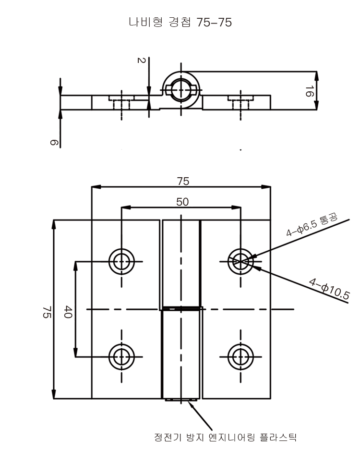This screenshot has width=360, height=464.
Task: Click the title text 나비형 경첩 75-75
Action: tap(180, 23)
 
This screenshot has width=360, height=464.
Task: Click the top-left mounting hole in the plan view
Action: tap(121, 261)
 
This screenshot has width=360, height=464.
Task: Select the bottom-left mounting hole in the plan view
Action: tap(121, 356)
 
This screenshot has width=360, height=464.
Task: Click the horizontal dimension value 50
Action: tap(182, 202)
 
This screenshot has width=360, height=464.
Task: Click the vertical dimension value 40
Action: tap(68, 313)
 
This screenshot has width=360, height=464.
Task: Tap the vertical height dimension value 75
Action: tap(47, 312)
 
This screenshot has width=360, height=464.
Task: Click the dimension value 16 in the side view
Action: tap(309, 92)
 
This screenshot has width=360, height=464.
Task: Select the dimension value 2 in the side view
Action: tap(141, 61)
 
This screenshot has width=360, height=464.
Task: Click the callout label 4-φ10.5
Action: tap(329, 288)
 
